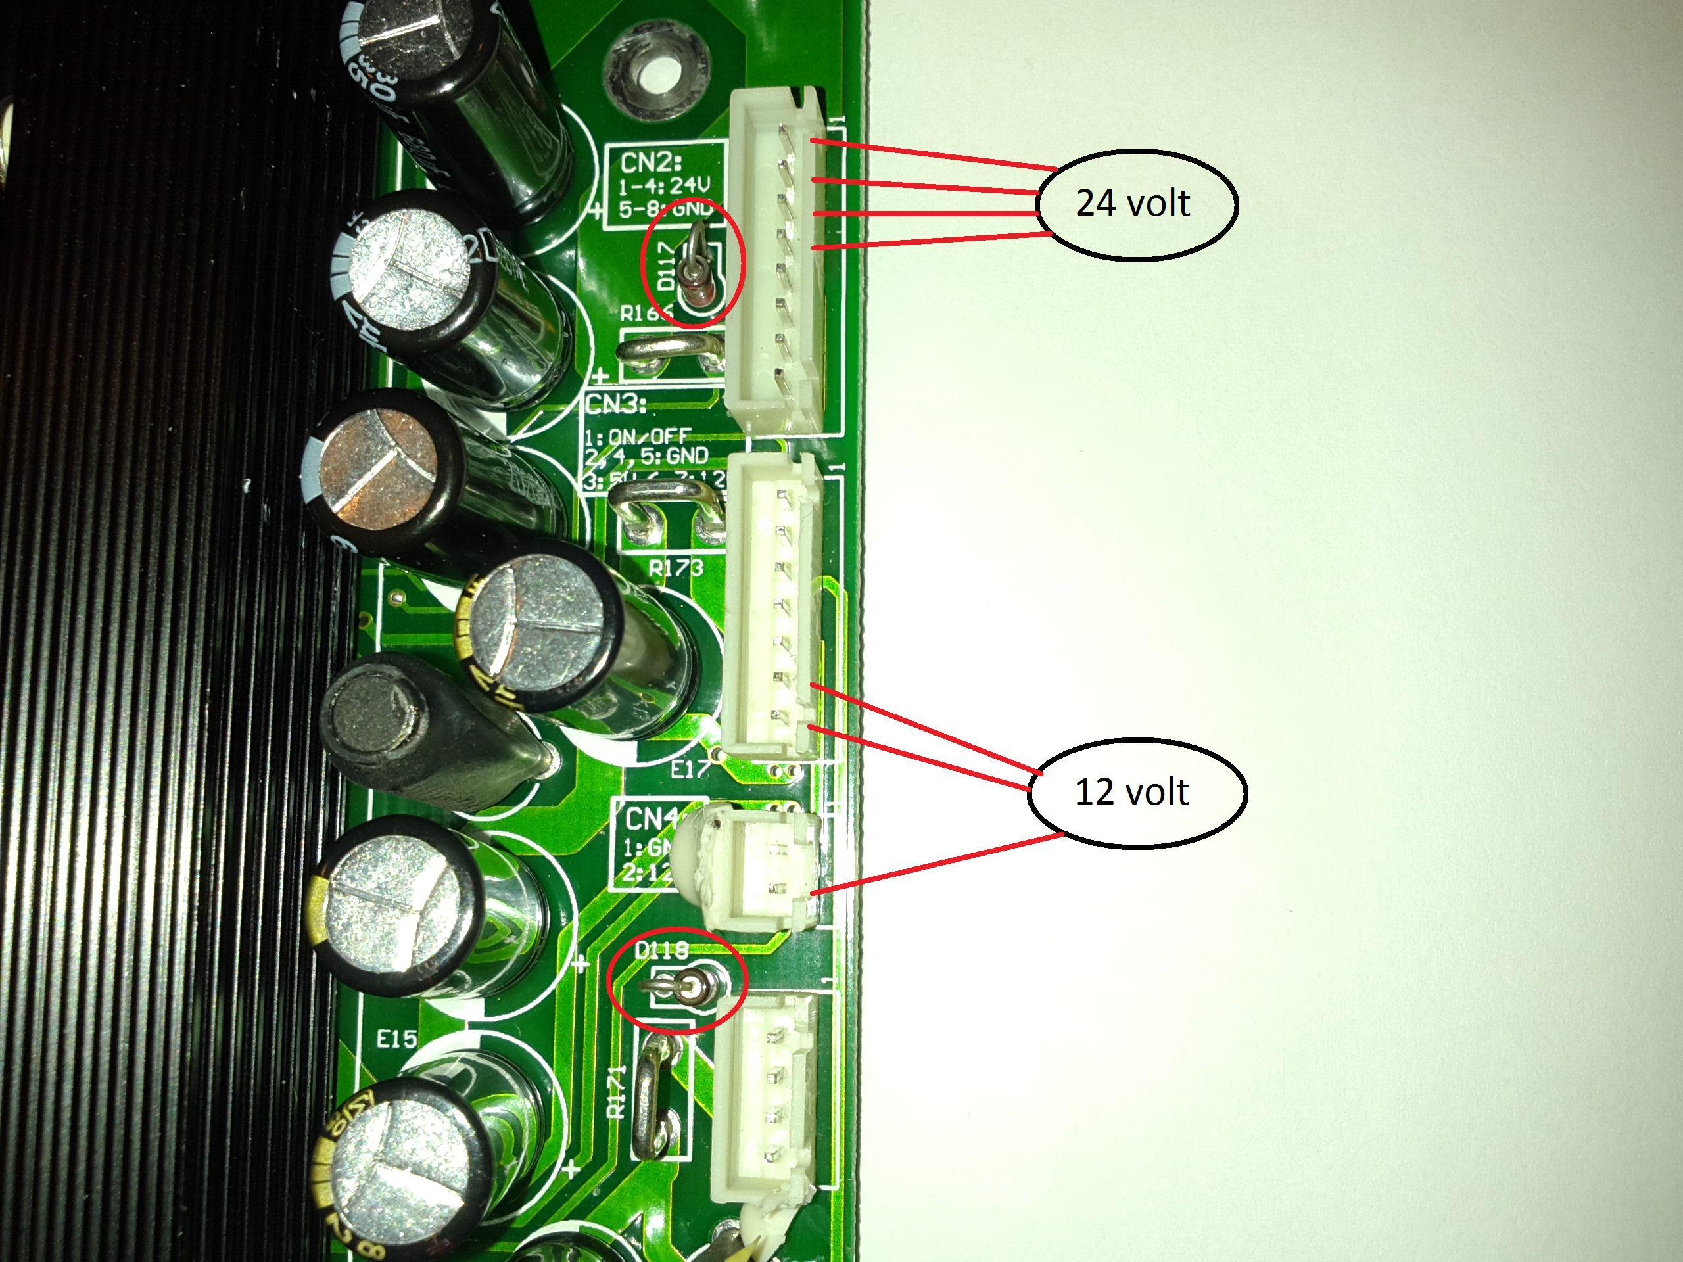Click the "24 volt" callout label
click(x=1133, y=204)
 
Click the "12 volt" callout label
click(x=1131, y=792)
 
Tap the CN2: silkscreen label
click(x=652, y=162)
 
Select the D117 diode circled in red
click(x=692, y=270)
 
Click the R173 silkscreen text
click(x=676, y=567)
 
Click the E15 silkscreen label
click(x=396, y=1039)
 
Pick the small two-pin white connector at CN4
click(x=761, y=869)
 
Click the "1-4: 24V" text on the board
click(x=663, y=185)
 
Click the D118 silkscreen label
click(x=662, y=949)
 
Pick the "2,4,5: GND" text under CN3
click(x=647, y=456)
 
